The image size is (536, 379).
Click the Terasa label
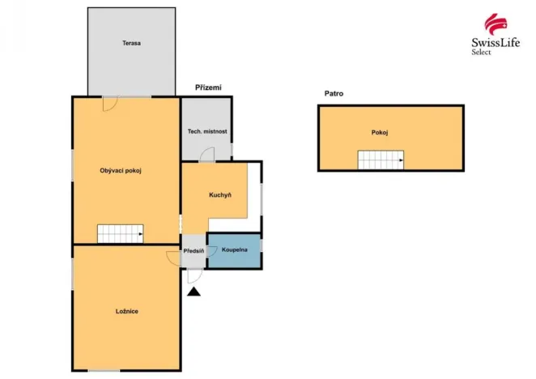(x=132, y=43)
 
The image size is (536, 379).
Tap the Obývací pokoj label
(x=121, y=171)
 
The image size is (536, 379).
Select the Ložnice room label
(x=127, y=311)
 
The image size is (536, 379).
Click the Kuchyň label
(x=220, y=195)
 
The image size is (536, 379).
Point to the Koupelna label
(x=235, y=249)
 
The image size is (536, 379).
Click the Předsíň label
(x=194, y=251)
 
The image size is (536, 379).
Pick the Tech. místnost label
(x=207, y=131)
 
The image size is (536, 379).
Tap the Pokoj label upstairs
(x=380, y=133)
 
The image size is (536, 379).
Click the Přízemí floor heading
(x=208, y=87)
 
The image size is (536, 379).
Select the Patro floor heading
(x=334, y=93)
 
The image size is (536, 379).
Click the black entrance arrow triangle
(x=194, y=292)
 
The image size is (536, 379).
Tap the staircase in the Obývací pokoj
(x=121, y=233)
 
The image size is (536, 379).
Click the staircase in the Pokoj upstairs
(x=381, y=160)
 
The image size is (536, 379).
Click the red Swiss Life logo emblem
(x=496, y=24)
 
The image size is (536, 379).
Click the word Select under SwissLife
(x=481, y=52)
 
